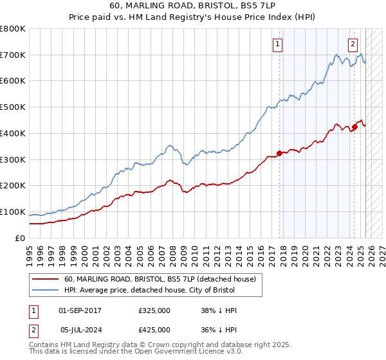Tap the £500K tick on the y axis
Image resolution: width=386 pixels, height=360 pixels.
tap(13, 107)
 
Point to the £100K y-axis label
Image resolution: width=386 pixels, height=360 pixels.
tap(13, 212)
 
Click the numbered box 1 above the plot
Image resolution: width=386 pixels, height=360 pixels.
tap(278, 44)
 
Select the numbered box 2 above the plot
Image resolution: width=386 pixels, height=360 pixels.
tap(353, 44)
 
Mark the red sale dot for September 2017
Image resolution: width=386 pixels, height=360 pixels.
tap(279, 153)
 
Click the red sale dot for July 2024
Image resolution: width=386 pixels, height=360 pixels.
tap(354, 127)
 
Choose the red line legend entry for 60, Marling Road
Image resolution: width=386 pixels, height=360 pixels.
tap(160, 279)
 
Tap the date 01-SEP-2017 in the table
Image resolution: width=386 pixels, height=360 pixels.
tap(80, 310)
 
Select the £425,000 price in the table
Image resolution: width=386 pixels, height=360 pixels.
tap(154, 329)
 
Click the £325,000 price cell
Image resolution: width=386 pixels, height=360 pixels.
tap(154, 310)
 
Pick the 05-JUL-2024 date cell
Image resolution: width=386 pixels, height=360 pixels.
tap(80, 329)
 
